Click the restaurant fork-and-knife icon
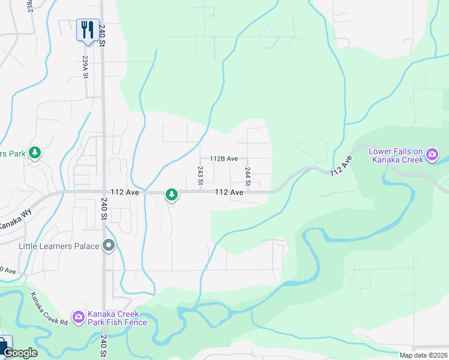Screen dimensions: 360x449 (x=88, y=29)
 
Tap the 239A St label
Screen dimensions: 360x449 (x=85, y=67)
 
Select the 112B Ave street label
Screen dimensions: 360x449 (x=223, y=159)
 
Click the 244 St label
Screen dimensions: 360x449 (x=247, y=175)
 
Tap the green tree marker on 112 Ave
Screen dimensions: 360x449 (x=172, y=194)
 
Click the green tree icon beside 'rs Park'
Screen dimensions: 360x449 (x=35, y=153)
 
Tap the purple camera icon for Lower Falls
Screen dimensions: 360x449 (x=432, y=156)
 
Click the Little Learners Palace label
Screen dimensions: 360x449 (x=59, y=246)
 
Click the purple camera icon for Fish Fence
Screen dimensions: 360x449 (x=79, y=317)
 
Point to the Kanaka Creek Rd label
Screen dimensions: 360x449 (x=49, y=308)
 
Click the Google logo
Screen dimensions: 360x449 (x=20, y=353)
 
